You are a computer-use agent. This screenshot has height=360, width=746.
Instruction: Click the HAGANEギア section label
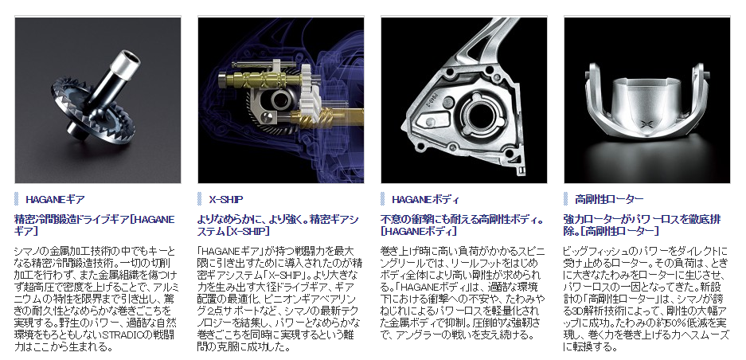click(55, 199)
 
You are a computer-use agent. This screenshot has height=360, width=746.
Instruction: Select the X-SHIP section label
click(225, 199)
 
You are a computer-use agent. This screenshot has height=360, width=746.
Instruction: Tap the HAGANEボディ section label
click(425, 199)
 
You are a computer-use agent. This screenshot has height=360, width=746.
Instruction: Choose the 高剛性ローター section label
click(609, 199)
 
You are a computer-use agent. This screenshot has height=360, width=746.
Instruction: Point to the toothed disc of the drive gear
click(92, 114)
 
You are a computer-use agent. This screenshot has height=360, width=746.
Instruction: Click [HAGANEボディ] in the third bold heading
click(419, 232)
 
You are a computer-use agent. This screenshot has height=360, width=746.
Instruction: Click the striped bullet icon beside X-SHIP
click(200, 199)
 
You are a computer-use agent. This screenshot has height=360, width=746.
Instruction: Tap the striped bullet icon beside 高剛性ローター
click(566, 199)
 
